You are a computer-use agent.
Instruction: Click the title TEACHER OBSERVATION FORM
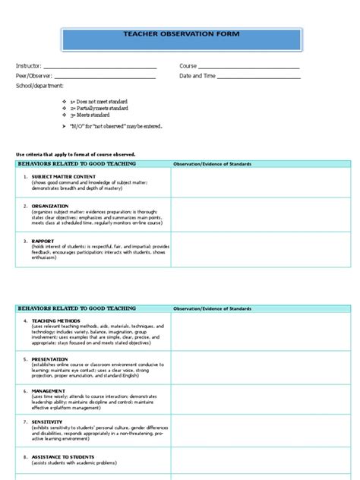[x=180, y=34]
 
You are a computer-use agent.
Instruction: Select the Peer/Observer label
[x=32, y=76]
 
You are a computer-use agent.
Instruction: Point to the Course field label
[x=188, y=67]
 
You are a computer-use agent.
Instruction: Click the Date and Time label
[x=197, y=76]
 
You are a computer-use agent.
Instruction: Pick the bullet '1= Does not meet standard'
[x=99, y=102]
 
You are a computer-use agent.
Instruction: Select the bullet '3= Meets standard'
[x=93, y=115]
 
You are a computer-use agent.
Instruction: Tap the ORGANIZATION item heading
[x=51, y=205]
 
